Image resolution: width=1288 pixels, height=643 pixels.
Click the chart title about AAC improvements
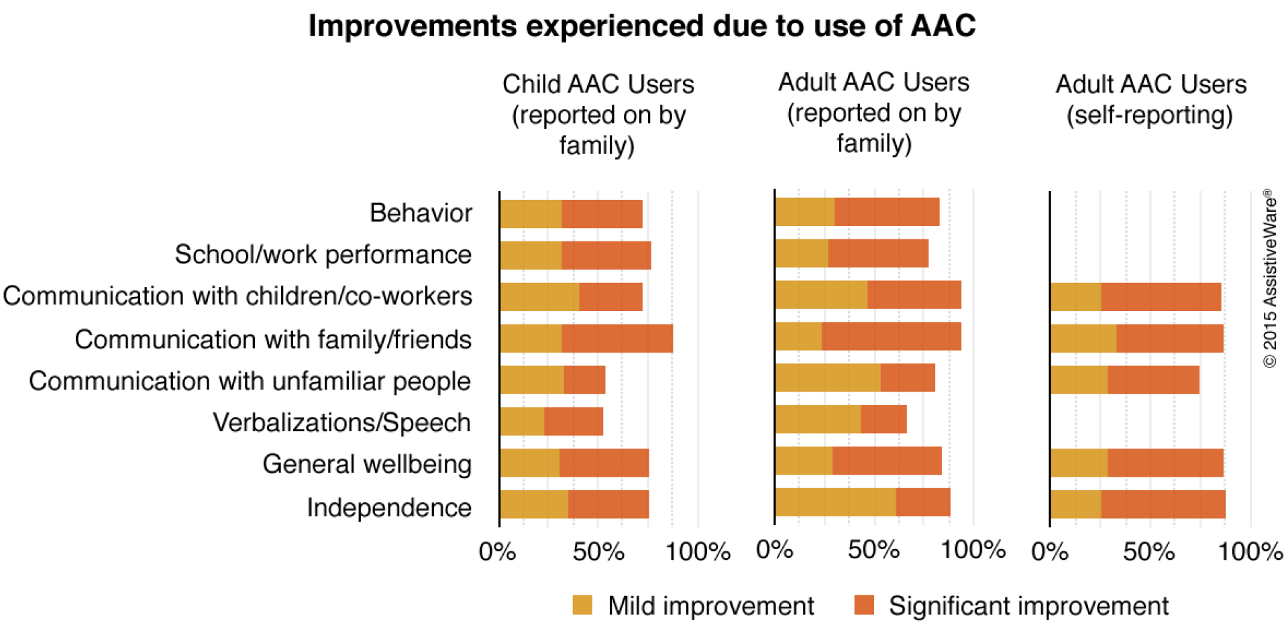click(642, 27)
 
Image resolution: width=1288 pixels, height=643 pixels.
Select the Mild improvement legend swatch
click(582, 605)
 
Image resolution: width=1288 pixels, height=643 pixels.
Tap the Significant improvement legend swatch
click(864, 605)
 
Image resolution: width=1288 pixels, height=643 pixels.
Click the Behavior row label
click(421, 213)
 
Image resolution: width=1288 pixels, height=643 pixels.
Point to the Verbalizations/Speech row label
click(341, 423)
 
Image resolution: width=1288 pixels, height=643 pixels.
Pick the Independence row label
click(388, 508)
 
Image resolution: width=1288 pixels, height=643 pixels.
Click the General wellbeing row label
click(367, 464)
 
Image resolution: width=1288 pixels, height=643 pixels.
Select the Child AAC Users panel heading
click(598, 114)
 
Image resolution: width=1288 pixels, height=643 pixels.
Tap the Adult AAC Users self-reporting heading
click(1150, 99)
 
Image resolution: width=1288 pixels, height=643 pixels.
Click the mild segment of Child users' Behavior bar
click(530, 214)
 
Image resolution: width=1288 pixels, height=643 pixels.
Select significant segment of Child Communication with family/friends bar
click(616, 339)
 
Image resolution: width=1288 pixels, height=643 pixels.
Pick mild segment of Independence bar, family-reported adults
click(835, 502)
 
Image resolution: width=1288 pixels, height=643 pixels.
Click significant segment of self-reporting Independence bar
click(1163, 504)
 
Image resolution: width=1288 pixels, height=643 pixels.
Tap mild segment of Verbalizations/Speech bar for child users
click(522, 422)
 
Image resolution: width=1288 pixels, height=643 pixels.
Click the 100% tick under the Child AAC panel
click(698, 552)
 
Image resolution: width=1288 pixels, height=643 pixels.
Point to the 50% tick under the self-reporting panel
click(1148, 552)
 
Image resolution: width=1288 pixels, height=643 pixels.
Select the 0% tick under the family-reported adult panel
click(775, 550)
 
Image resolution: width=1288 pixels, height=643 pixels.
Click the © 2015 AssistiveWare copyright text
click(1269, 278)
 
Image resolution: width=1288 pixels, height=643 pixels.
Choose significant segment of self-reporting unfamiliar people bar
click(1152, 380)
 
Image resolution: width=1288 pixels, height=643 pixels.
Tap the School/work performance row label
click(323, 255)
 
